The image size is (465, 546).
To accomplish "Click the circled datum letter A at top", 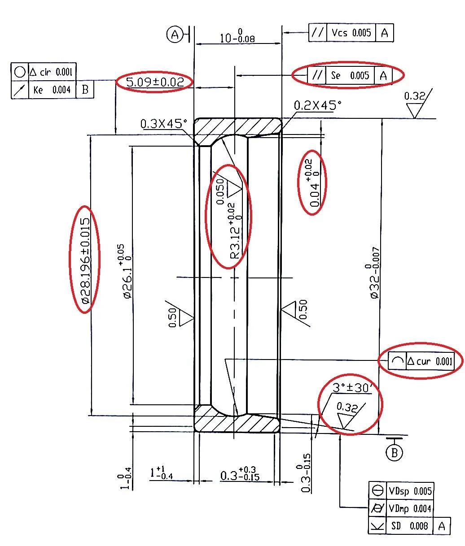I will [175, 34].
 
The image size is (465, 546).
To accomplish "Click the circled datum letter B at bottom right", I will [395, 453].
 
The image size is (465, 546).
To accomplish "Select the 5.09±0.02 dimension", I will [155, 82].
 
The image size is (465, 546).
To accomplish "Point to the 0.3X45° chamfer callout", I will [162, 124].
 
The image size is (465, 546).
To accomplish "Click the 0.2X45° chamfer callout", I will [317, 106].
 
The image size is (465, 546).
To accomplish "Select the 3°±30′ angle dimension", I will [352, 387].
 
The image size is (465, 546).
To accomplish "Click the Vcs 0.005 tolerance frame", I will [351, 33].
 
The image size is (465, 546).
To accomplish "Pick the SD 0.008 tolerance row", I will [409, 526].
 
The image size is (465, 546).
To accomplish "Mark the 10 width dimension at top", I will [237, 36].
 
